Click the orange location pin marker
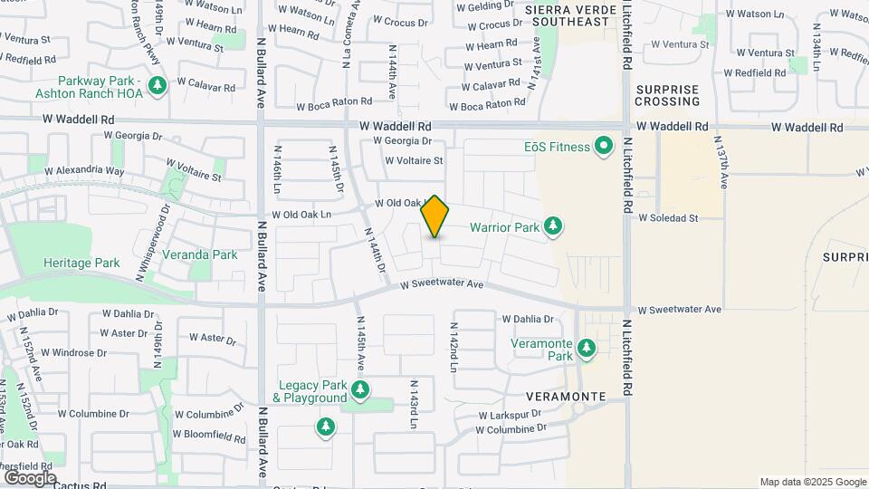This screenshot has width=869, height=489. click(435, 216)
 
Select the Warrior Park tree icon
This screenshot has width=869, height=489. click(553, 226)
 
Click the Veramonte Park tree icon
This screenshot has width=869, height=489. click(587, 348)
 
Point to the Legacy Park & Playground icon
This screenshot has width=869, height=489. click(360, 390)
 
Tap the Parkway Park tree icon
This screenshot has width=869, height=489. click(158, 86)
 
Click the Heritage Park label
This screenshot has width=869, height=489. click(81, 263)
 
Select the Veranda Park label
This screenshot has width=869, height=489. click(199, 254)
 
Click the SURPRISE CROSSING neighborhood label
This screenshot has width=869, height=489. click(668, 95)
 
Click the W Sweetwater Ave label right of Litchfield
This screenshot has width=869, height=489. click(679, 310)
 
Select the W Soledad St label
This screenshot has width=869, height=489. click(669, 218)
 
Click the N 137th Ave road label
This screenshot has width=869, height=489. click(721, 163)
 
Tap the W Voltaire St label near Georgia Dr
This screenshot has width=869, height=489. click(414, 161)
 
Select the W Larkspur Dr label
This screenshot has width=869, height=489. click(510, 414)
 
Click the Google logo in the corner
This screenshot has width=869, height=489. click(30, 477)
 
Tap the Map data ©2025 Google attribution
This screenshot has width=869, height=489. click(812, 482)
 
